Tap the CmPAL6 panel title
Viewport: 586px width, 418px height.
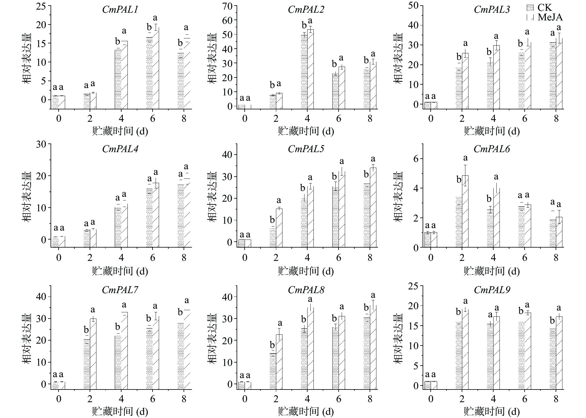pos(491,149)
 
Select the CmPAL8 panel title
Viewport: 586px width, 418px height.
pos(306,290)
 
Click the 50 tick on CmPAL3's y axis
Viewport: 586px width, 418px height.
pos(414,6)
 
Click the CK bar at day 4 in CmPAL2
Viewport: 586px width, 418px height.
pos(304,71)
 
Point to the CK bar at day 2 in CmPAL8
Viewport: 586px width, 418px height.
pos(273,371)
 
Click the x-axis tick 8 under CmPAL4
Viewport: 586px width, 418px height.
pos(184,258)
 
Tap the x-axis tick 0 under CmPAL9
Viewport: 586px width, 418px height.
pos(431,398)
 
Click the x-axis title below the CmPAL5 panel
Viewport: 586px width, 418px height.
pos(306,271)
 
